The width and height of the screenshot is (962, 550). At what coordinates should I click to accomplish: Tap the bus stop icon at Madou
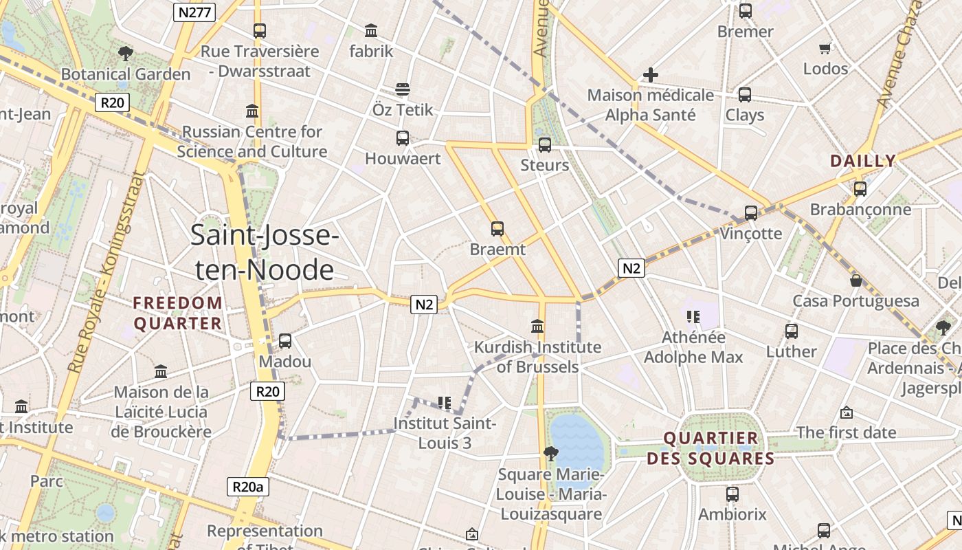tap(284, 340)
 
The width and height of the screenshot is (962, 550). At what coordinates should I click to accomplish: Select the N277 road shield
tap(194, 12)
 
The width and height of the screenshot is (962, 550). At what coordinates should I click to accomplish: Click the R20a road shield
tap(247, 487)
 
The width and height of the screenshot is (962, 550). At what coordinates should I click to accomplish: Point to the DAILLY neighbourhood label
tap(863, 161)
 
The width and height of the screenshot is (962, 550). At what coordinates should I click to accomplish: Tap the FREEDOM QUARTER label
tap(178, 313)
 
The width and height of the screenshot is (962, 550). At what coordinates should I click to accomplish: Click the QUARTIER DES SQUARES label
tap(711, 448)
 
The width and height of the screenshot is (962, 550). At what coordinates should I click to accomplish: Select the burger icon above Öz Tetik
tap(403, 89)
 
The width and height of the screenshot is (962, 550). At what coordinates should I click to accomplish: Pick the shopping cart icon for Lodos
tap(825, 48)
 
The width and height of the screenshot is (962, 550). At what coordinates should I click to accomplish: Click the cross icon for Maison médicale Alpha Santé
tap(650, 75)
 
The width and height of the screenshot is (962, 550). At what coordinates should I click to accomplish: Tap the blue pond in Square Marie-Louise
tap(576, 440)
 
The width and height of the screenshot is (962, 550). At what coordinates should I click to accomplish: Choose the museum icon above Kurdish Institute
tap(537, 326)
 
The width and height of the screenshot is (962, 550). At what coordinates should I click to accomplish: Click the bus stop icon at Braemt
tap(497, 229)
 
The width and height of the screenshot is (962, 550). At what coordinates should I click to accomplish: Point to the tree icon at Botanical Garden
tap(125, 53)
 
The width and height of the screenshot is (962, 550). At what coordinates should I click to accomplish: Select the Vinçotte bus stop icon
tap(751, 213)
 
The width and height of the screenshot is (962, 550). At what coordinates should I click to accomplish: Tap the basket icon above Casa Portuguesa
tap(855, 280)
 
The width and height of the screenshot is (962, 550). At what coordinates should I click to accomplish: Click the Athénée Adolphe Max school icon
tap(693, 316)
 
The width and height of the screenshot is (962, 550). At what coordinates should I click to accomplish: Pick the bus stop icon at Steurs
tap(544, 144)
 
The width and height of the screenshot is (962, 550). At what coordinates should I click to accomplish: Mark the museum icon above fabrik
tap(371, 30)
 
